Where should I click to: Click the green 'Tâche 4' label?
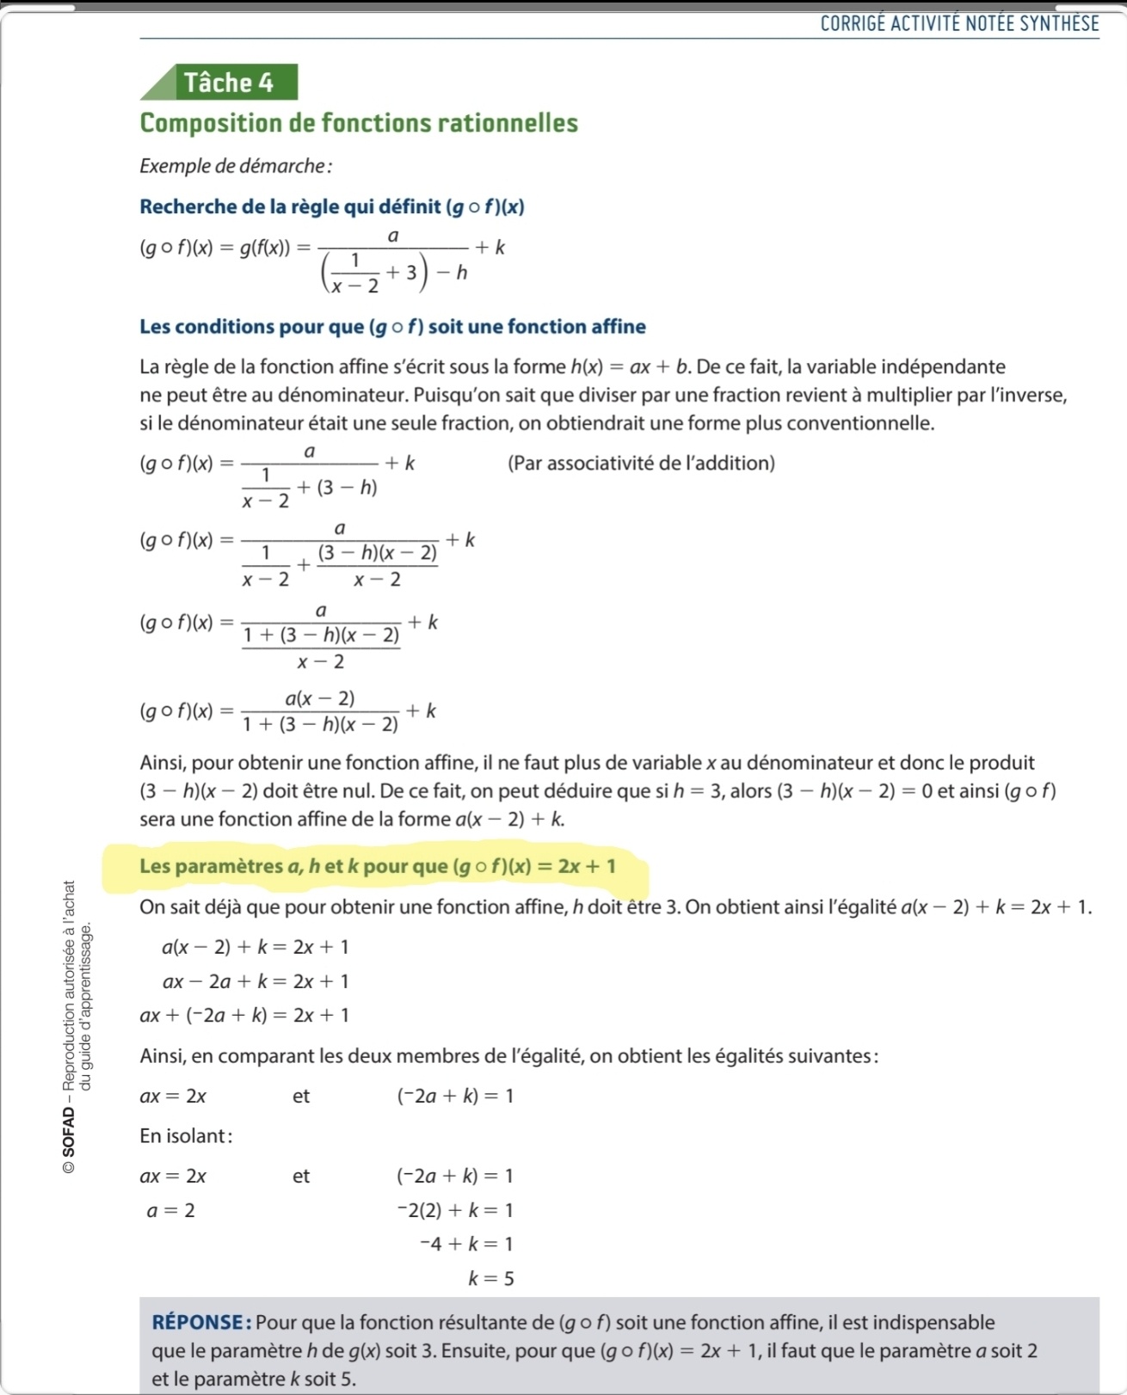point(228,83)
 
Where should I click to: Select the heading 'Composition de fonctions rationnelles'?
point(359,123)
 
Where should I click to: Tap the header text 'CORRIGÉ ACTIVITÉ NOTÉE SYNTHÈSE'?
point(959,23)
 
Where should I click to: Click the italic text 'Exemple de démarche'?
point(235,166)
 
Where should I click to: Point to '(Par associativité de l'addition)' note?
point(641,464)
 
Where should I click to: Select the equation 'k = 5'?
point(491,1279)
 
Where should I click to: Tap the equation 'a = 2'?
point(170,1211)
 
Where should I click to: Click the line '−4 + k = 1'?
point(466,1244)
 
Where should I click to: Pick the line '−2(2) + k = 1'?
point(455,1211)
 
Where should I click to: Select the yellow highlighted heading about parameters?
point(377,866)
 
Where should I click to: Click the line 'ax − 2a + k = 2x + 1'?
point(256,981)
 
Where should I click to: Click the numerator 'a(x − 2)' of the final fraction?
point(320,697)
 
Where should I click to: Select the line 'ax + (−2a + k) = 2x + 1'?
point(244,1016)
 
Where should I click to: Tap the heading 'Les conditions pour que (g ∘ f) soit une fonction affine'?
point(392,327)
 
